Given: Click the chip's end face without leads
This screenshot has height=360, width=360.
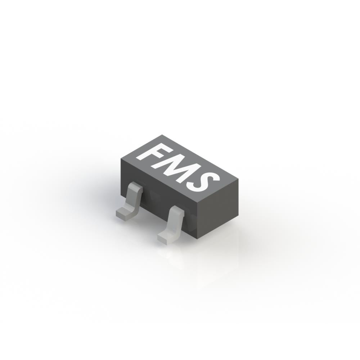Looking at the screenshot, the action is (218, 209).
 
